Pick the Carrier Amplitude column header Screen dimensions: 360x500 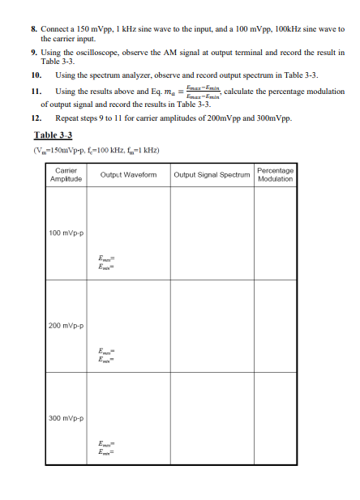tap(64, 174)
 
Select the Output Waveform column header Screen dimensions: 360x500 tap(127, 174)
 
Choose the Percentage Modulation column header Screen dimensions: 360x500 tap(275, 174)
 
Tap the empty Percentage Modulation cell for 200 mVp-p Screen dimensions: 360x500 tap(275, 325)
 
